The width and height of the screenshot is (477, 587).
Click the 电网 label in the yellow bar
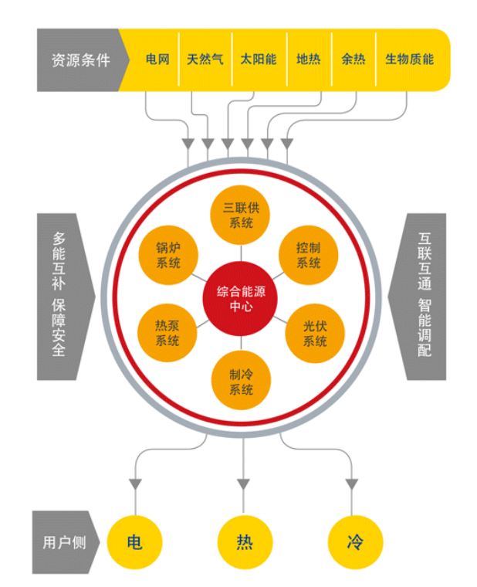157,59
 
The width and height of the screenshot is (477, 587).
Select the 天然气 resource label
205,59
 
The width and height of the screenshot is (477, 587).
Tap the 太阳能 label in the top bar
258,59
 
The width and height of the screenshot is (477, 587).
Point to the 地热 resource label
308,59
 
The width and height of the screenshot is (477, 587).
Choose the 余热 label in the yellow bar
353,59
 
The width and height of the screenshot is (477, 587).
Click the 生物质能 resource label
409,59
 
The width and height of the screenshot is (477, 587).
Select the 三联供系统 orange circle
241,214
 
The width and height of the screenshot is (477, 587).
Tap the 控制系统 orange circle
308,255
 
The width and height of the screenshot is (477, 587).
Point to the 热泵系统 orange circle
167,333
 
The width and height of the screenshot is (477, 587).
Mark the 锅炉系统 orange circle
167,255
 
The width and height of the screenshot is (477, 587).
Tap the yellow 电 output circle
134,542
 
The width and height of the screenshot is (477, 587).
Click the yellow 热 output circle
244,542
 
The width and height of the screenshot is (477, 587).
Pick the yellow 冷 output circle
355,542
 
